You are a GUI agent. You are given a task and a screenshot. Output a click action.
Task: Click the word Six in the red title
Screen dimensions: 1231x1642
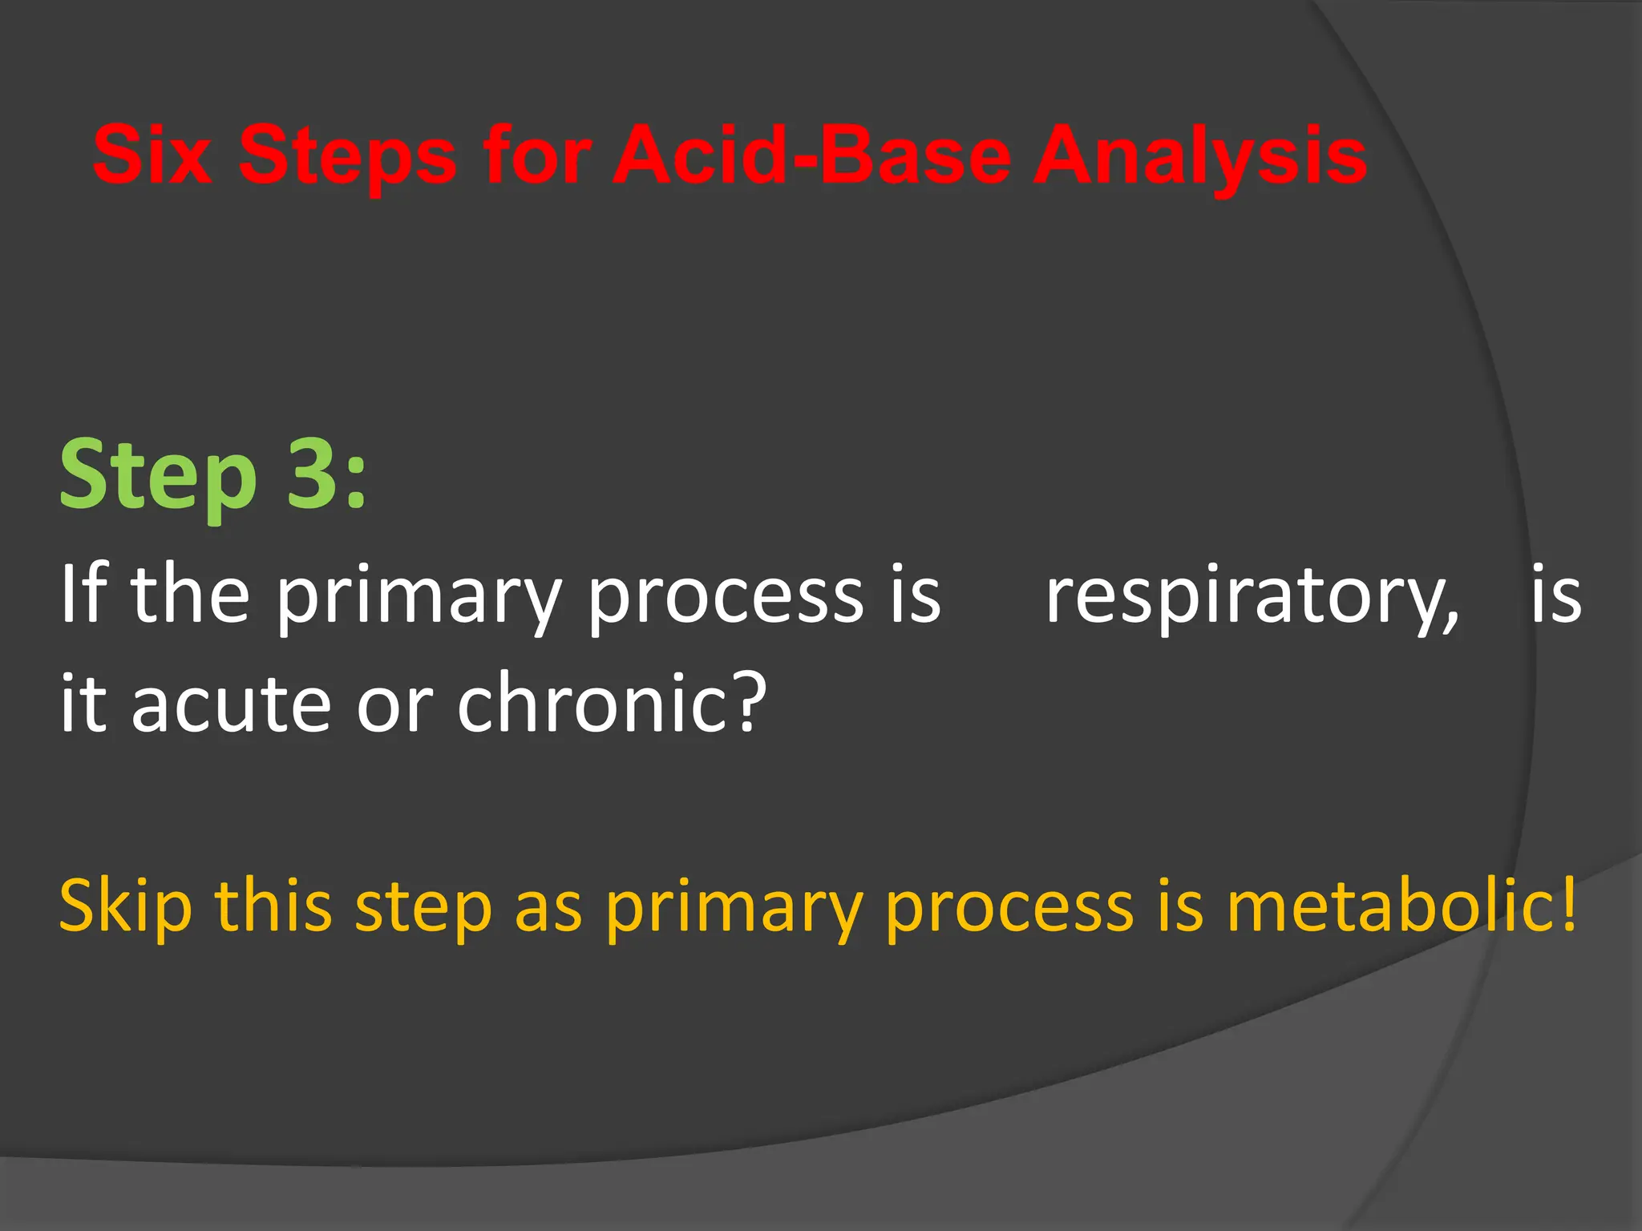point(152,155)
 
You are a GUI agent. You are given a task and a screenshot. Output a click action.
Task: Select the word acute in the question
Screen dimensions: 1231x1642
point(231,704)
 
